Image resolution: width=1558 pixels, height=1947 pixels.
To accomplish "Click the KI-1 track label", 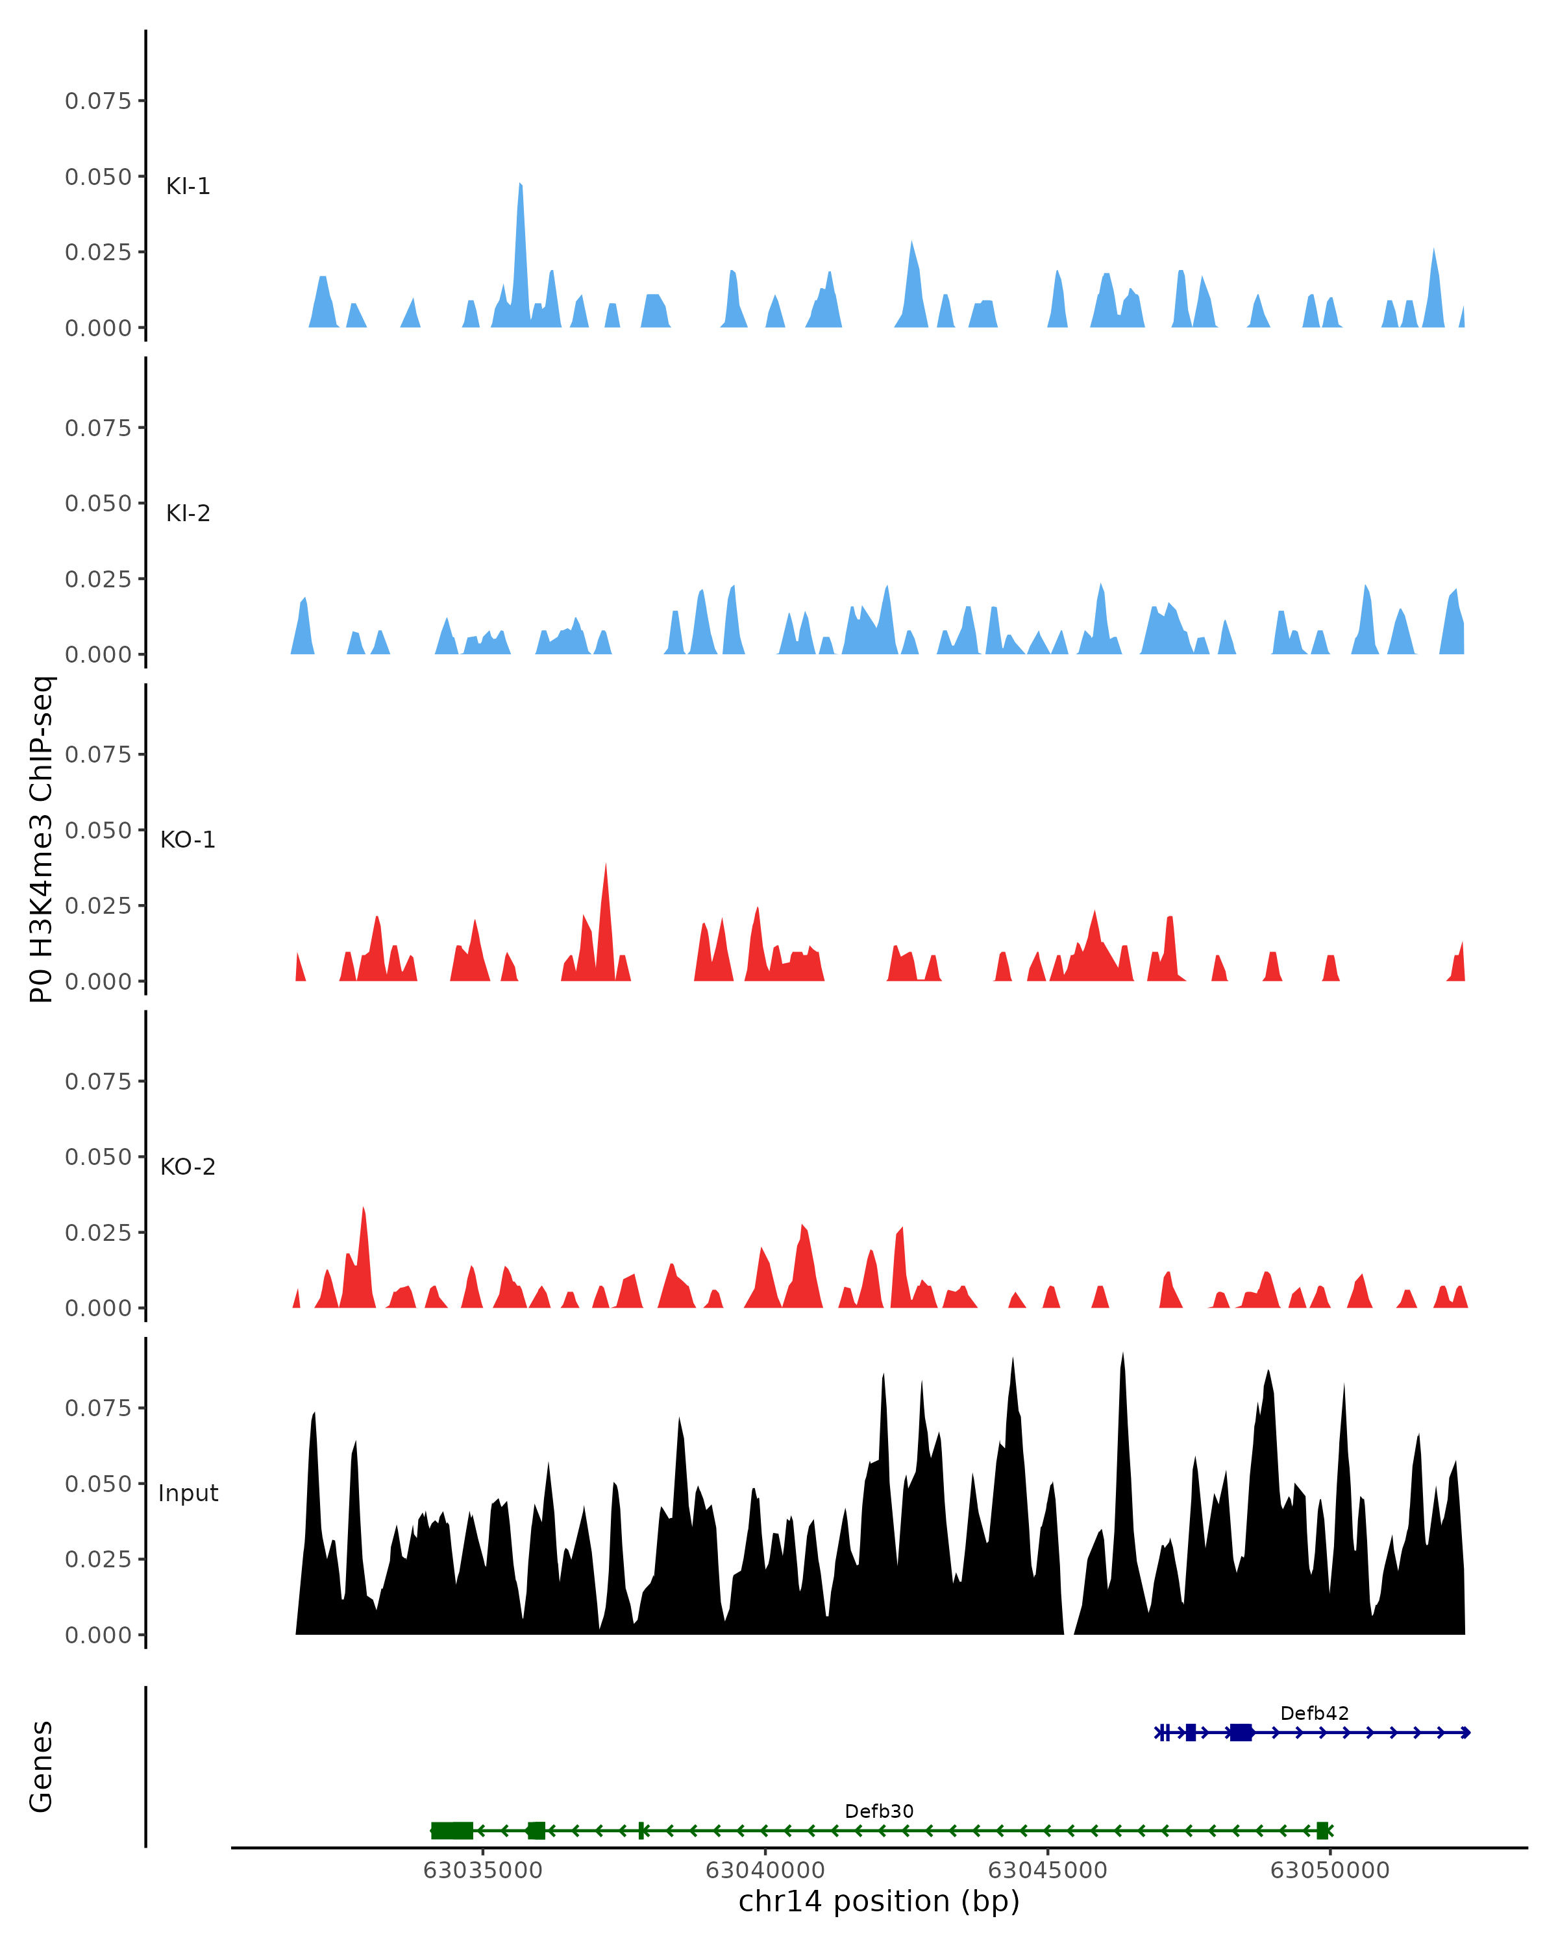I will tap(188, 186).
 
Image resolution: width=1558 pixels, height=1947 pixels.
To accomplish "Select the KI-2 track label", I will tap(188, 513).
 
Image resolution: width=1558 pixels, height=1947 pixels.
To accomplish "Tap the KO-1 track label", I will tap(188, 840).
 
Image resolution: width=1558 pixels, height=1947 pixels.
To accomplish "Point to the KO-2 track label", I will tap(188, 1167).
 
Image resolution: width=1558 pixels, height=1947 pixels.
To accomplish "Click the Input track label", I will tap(188, 1493).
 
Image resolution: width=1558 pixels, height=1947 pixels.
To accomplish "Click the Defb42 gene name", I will tap(1314, 1713).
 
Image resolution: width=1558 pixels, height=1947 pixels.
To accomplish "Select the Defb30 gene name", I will tap(879, 1811).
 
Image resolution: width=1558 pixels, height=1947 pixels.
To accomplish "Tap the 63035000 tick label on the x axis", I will tap(483, 1870).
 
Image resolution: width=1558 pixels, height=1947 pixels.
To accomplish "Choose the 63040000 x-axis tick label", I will tap(765, 1870).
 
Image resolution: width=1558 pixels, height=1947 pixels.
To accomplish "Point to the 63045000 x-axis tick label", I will tap(1048, 1870).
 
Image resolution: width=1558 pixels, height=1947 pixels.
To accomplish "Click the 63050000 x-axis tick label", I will tap(1329, 1870).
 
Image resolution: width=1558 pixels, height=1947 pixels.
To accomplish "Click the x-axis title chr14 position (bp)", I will tap(879, 1902).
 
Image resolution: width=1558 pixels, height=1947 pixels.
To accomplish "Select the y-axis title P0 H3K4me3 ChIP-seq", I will tap(42, 839).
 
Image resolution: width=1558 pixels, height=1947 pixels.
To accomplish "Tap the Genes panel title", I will tap(42, 1767).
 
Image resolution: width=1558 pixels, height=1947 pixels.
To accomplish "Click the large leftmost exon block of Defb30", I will tap(452, 1831).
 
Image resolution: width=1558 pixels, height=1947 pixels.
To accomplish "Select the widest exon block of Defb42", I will tap(1241, 1732).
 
